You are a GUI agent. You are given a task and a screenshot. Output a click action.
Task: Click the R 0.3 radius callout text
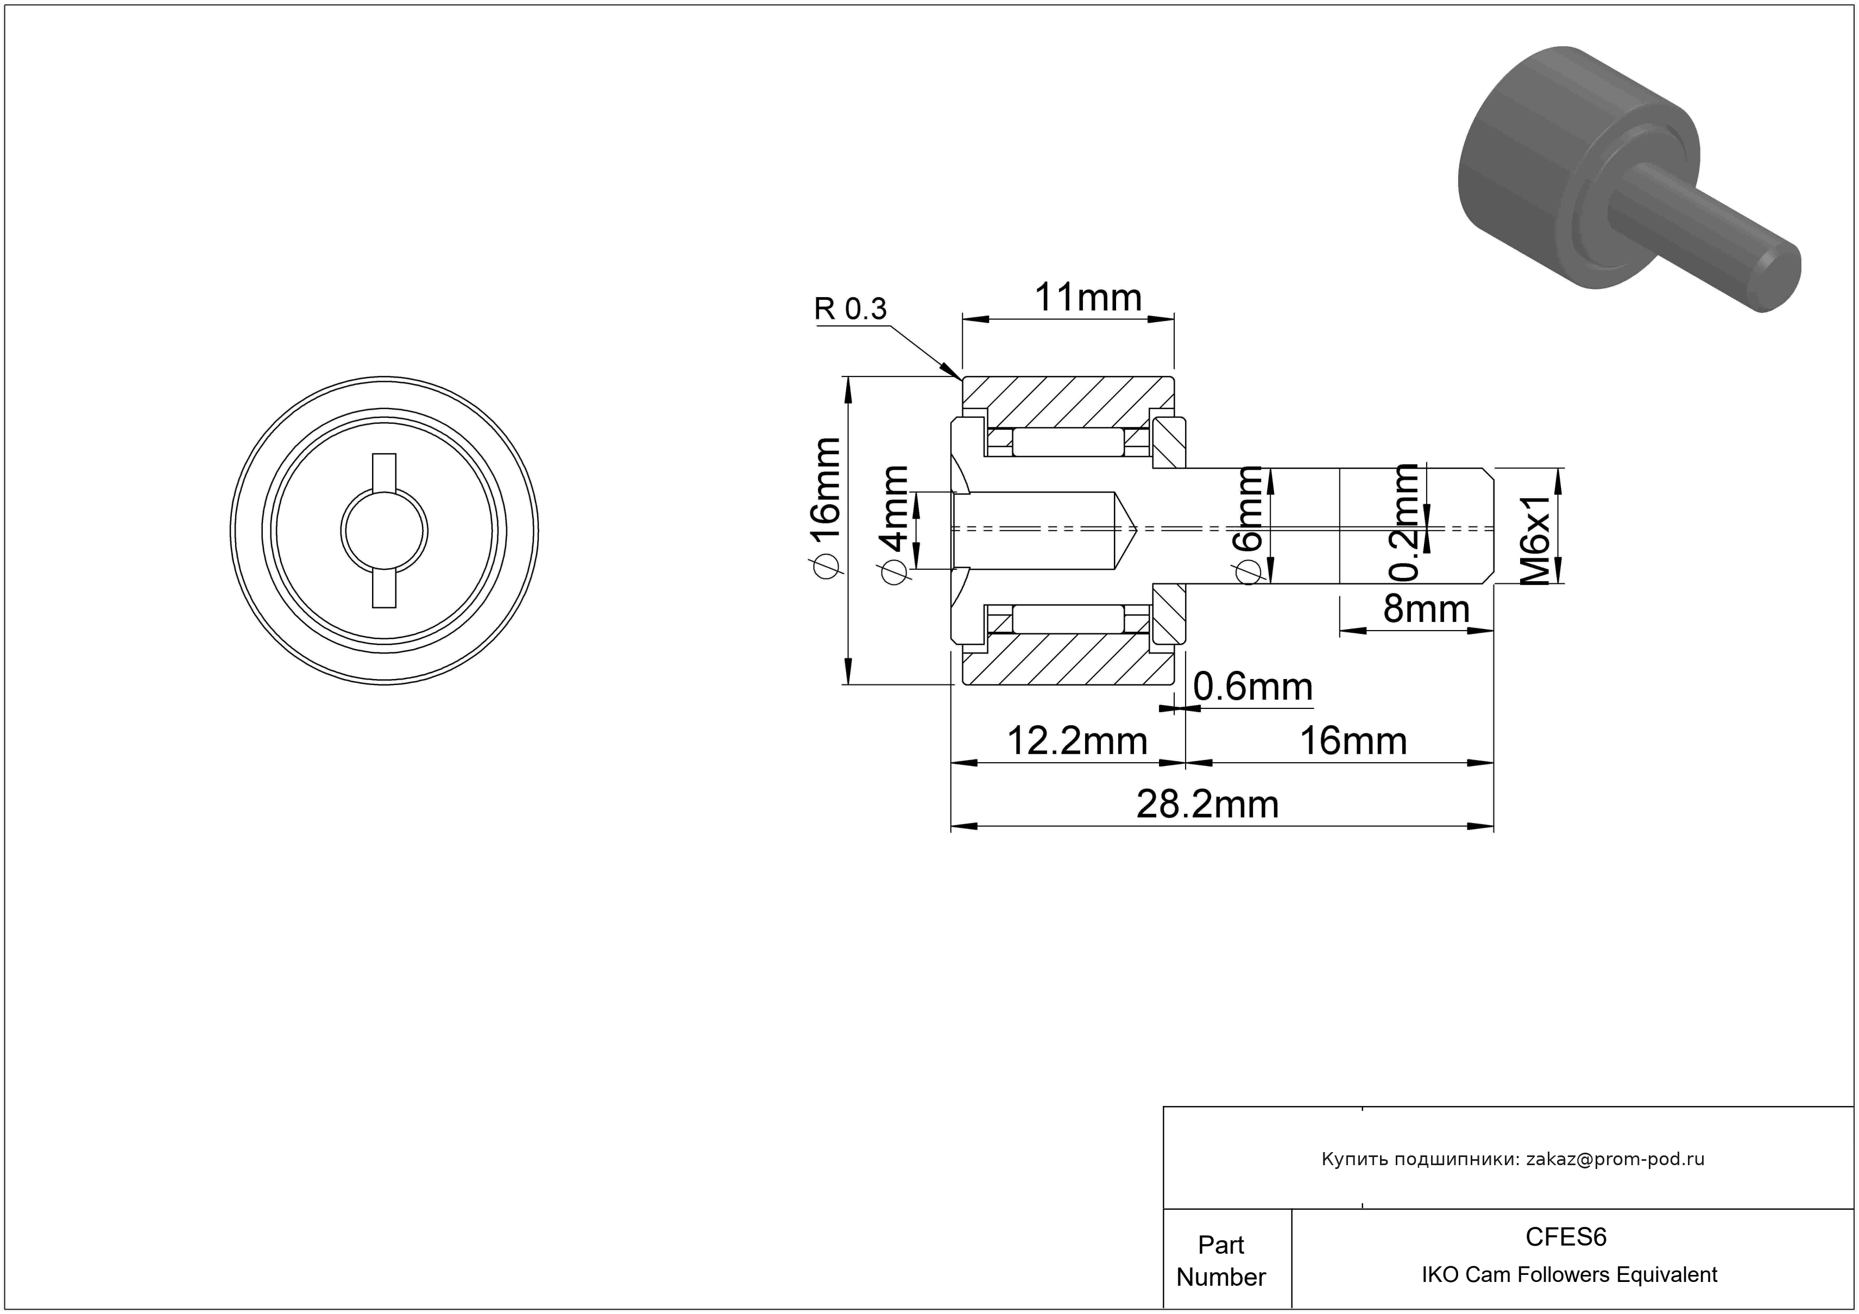850,309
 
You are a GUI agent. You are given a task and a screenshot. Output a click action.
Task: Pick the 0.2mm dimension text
1404,522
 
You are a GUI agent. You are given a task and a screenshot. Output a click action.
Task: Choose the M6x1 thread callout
1534,538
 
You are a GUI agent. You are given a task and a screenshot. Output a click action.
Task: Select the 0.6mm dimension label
1252,687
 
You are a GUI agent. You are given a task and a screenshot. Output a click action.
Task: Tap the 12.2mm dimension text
1077,741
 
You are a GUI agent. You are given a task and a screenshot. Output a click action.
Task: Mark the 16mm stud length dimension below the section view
1353,741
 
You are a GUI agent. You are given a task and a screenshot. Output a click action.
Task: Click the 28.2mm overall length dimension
1207,804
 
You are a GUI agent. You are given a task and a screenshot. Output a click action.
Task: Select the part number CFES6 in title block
1566,1236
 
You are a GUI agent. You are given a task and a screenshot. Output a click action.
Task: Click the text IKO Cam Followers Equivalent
1569,1274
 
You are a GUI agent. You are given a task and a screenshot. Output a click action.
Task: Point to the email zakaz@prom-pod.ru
1615,1159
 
